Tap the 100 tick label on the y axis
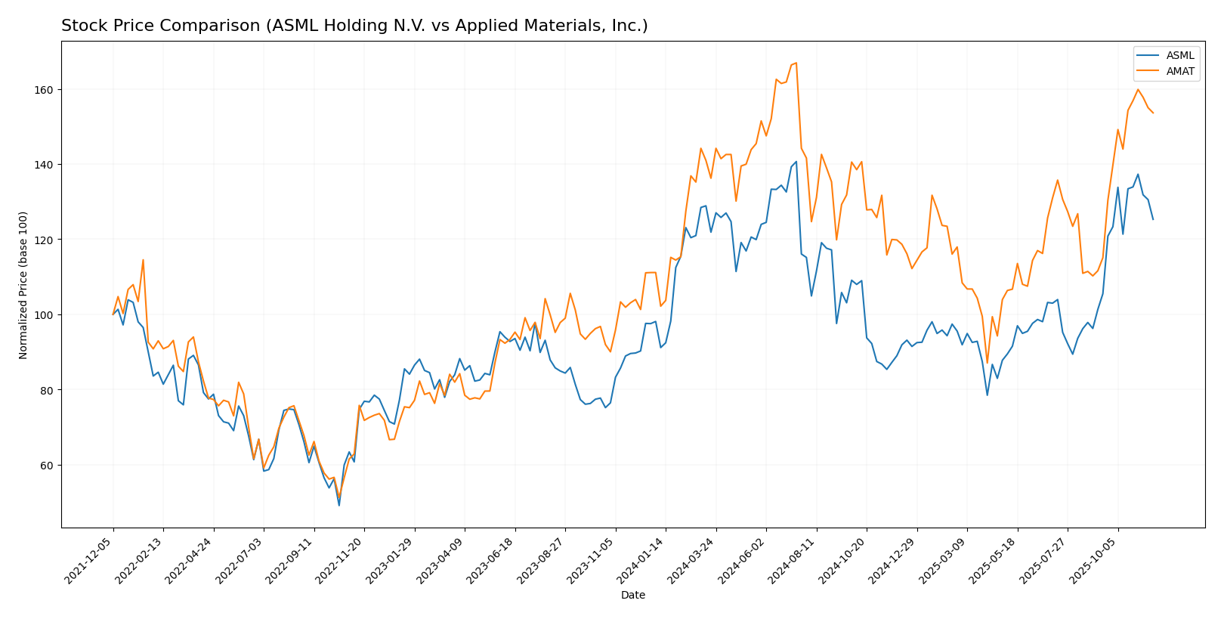[43, 315]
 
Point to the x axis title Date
[633, 596]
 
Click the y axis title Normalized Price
[23, 285]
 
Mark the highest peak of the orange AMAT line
[796, 63]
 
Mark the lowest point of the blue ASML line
[338, 505]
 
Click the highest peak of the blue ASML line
[796, 161]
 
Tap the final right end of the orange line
[1153, 113]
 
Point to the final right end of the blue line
[1153, 219]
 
